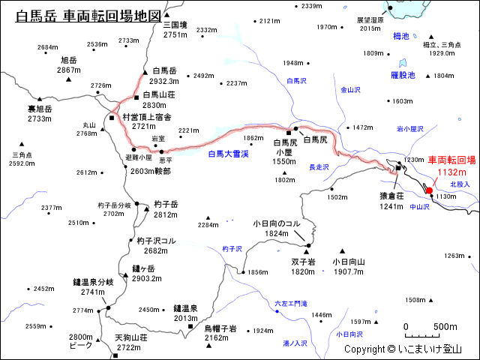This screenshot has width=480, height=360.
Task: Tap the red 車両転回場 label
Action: (x=451, y=160)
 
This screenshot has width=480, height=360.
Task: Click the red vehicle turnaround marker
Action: (x=428, y=190)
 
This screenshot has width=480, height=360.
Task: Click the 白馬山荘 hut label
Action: (x=159, y=94)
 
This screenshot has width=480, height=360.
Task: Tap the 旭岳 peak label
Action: (x=68, y=59)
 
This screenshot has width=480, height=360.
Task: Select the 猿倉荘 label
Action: (x=392, y=195)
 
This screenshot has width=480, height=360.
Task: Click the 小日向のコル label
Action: (x=277, y=223)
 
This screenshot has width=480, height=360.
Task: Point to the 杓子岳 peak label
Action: (x=165, y=204)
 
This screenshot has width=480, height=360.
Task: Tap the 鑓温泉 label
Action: (x=185, y=307)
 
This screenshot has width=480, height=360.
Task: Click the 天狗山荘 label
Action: (x=131, y=337)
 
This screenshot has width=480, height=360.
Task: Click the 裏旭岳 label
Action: (x=40, y=109)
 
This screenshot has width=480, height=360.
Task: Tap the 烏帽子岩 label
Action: (x=220, y=328)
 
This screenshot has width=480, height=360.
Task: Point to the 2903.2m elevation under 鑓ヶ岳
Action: (x=147, y=279)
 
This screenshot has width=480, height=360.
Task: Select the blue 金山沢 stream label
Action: (x=351, y=90)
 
